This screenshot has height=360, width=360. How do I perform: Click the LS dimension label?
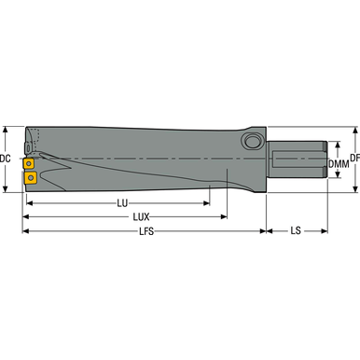point(296,229)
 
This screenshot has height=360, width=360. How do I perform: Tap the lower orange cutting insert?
point(30,175)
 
